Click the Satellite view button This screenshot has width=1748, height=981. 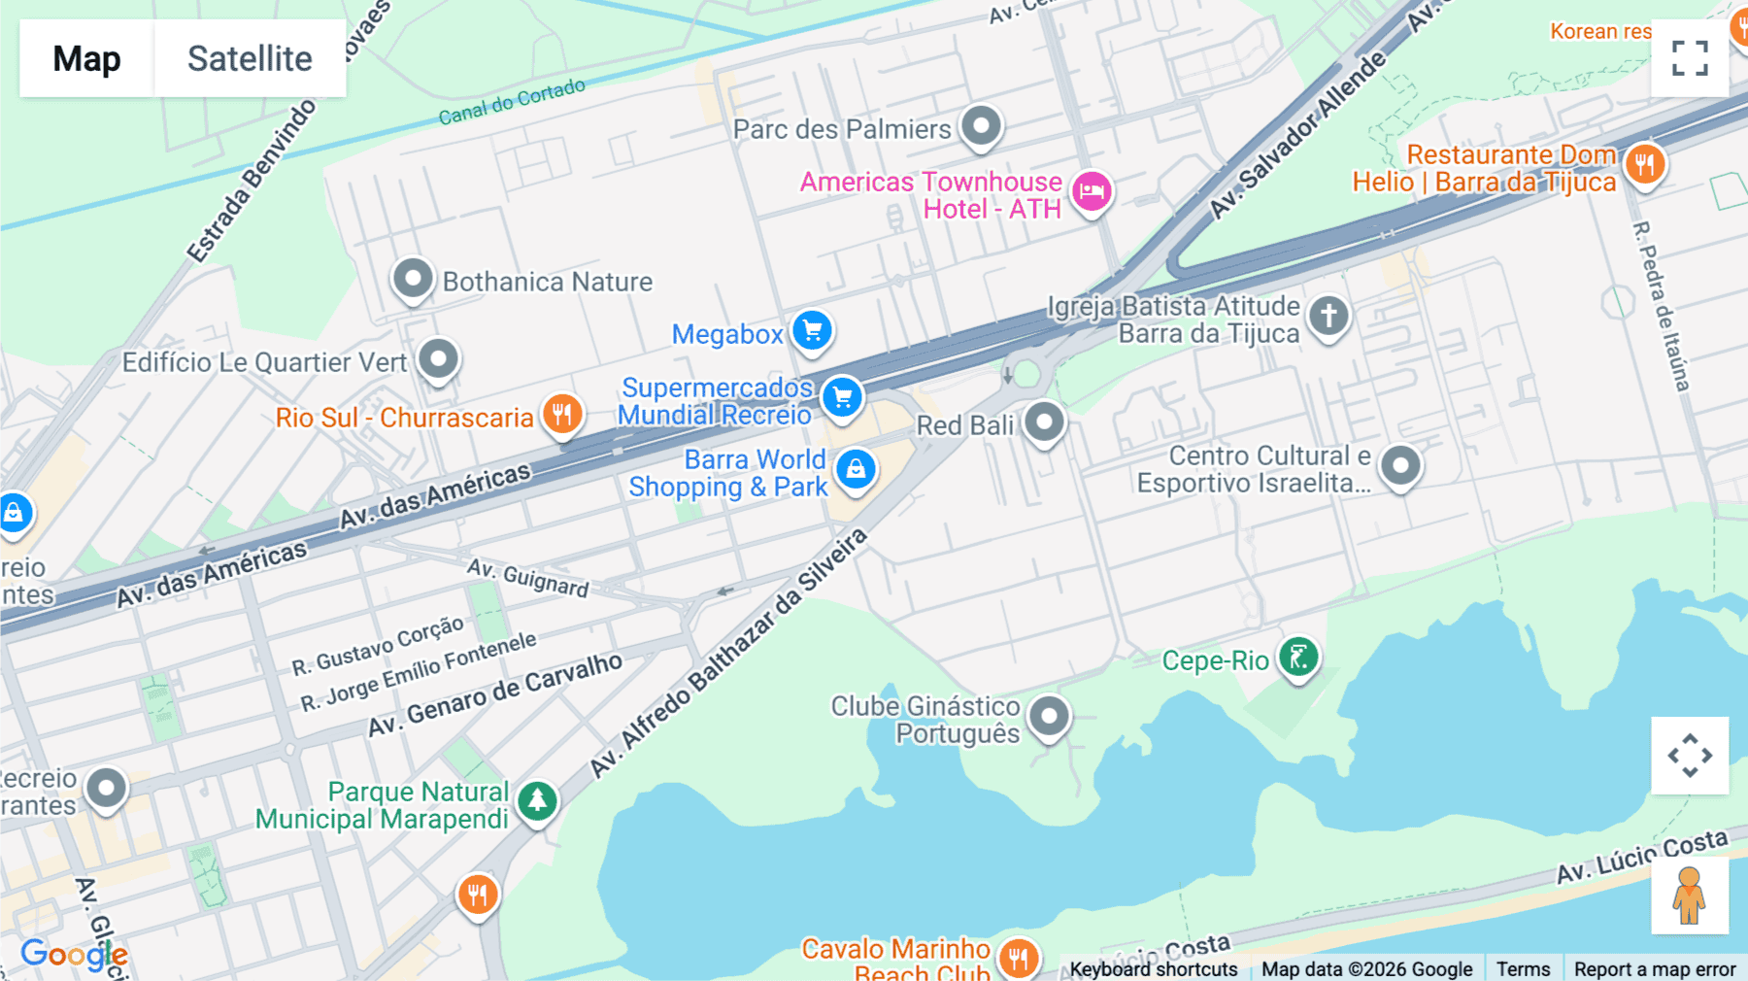(x=250, y=58)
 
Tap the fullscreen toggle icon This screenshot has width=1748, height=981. (x=1690, y=58)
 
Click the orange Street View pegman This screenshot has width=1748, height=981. (x=1689, y=895)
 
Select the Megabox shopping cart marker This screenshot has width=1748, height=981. (x=812, y=331)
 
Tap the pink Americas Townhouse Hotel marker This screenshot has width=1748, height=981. (x=1092, y=190)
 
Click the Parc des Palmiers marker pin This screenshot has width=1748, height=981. (x=981, y=125)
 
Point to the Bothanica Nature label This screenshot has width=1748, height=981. (x=547, y=282)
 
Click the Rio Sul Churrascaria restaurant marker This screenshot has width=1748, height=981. (x=562, y=414)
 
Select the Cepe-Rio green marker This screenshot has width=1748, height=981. (x=1298, y=658)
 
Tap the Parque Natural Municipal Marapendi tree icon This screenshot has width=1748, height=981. (x=537, y=801)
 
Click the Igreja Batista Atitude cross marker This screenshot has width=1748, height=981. (x=1328, y=315)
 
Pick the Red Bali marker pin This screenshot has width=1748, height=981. (x=1044, y=422)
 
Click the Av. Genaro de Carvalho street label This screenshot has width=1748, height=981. (x=495, y=694)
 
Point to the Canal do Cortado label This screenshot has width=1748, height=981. (x=512, y=102)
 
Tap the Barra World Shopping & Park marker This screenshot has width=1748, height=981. (x=856, y=469)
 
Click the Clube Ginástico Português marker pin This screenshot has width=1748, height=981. (x=1049, y=717)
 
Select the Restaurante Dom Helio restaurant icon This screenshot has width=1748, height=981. (x=1644, y=164)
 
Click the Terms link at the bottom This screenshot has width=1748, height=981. (x=1523, y=968)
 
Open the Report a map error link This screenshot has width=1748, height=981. (x=1654, y=968)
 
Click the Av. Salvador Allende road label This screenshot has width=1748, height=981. (x=1296, y=136)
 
